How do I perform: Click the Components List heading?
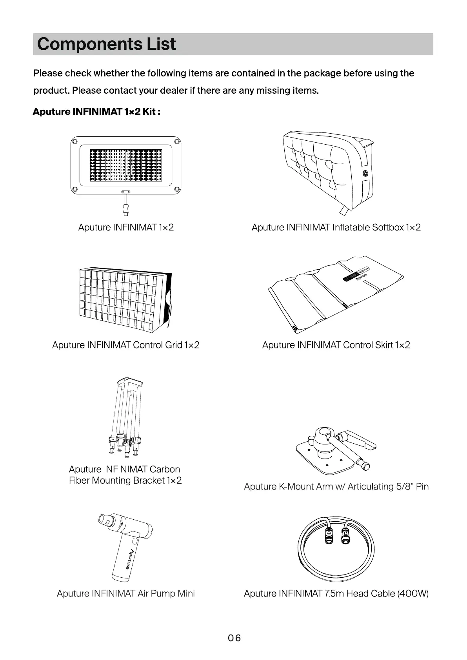106,44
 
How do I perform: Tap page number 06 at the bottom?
234,638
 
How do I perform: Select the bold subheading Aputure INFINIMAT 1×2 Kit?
96,112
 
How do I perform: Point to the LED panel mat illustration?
125,165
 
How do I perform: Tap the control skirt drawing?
335,294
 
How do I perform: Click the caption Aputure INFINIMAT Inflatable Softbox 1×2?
336,227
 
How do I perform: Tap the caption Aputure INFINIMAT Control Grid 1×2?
125,345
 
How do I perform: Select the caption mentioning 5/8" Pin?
336,486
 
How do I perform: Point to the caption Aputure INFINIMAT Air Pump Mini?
125,593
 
